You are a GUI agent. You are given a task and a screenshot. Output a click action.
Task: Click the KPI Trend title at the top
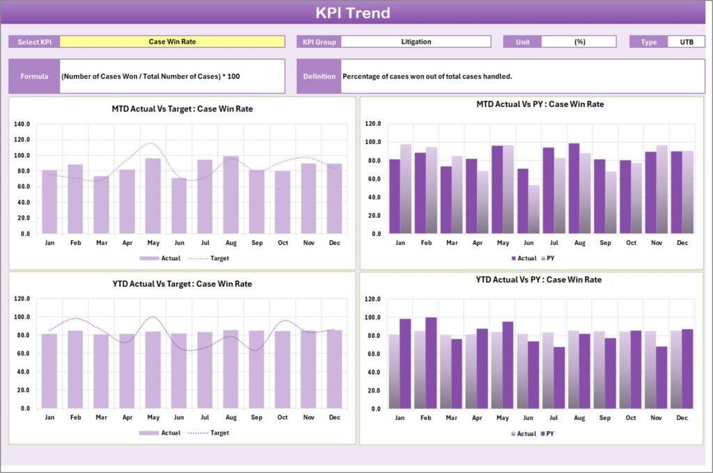click(353, 13)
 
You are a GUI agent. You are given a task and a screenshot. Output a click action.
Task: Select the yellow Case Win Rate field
click(172, 42)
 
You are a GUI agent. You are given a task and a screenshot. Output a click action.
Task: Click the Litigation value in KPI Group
click(416, 42)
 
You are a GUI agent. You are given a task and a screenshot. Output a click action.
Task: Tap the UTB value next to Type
click(686, 42)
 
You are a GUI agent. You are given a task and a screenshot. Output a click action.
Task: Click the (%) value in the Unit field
click(579, 42)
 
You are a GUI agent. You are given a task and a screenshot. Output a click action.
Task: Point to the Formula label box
click(34, 76)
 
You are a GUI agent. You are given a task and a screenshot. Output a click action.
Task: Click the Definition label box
click(319, 76)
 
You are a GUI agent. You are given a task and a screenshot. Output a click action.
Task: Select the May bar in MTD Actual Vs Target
click(152, 196)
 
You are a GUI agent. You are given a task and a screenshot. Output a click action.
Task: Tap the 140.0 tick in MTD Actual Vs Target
click(22, 124)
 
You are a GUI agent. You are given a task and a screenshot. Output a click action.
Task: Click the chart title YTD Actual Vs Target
click(182, 284)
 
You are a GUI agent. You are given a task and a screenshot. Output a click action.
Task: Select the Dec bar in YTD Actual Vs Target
click(334, 369)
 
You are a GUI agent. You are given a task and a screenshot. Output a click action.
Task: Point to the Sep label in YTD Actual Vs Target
click(256, 417)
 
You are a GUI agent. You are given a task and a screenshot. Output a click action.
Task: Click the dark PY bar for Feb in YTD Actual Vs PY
click(431, 363)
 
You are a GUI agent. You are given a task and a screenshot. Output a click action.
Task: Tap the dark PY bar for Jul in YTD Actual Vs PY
click(559, 378)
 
